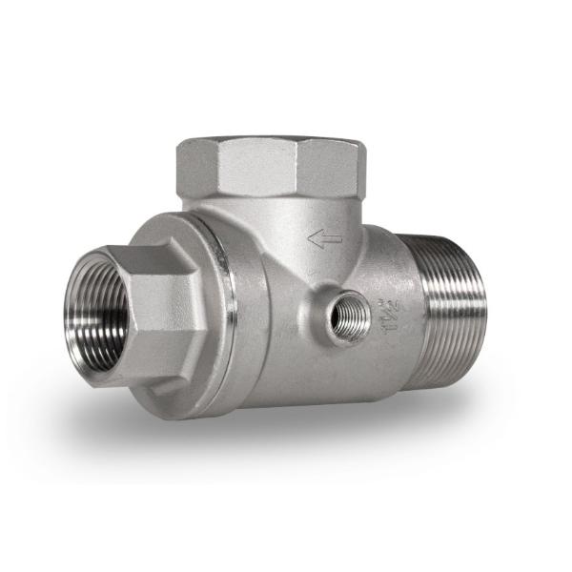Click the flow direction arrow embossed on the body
(x=325, y=239)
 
